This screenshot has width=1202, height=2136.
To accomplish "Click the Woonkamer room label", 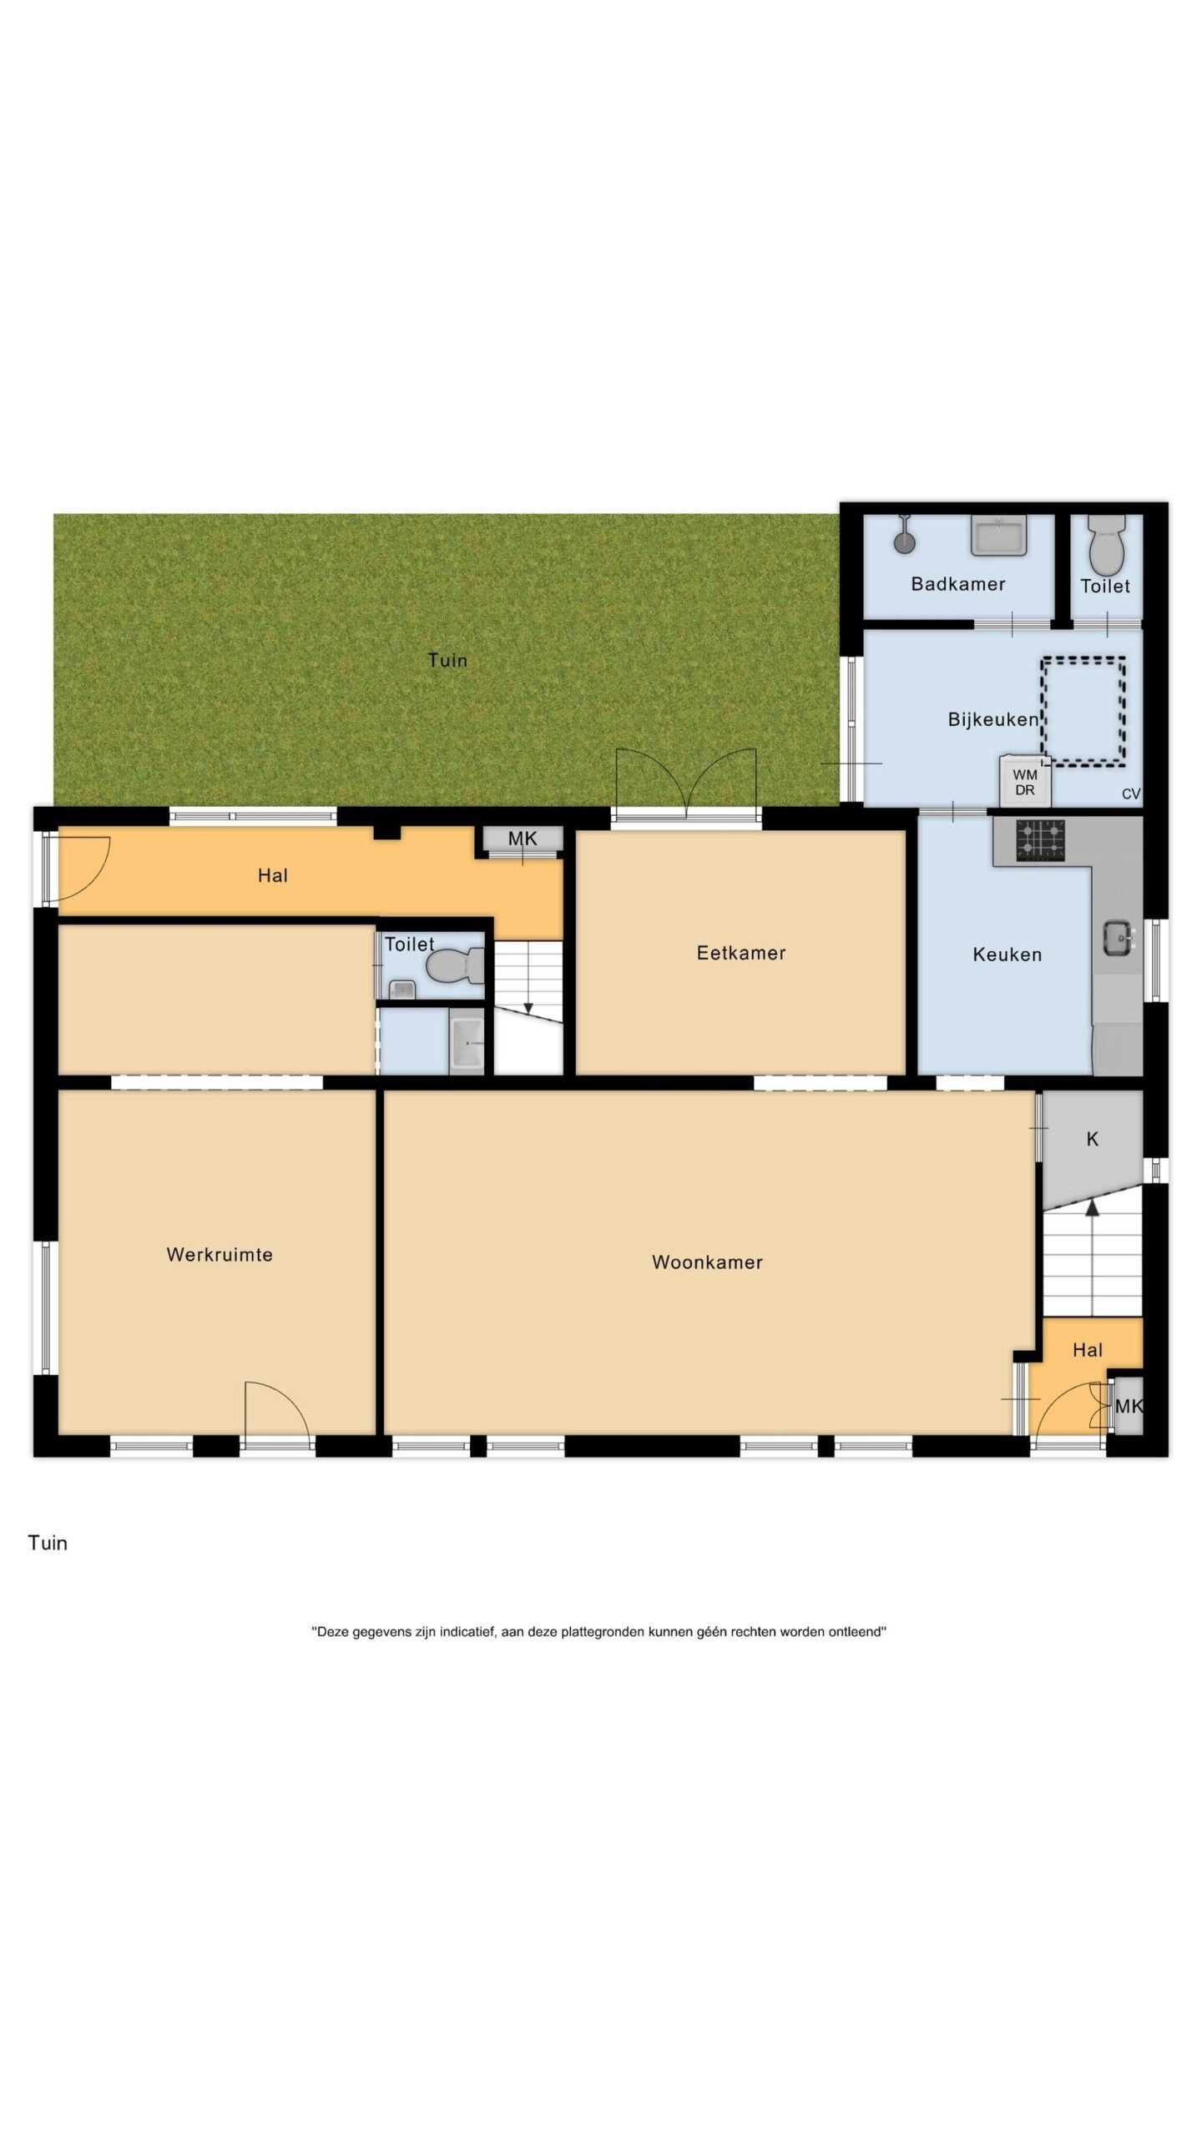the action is click(707, 1262).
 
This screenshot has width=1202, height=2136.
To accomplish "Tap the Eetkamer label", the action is click(741, 953).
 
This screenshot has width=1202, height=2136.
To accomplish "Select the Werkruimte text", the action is click(220, 1255).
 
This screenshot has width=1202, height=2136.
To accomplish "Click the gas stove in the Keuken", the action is click(1041, 840).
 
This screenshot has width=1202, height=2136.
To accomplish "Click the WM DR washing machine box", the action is click(1025, 781).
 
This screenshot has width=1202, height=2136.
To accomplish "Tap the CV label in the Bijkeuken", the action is click(1131, 794).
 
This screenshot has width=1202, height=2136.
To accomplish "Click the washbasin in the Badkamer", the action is click(999, 536).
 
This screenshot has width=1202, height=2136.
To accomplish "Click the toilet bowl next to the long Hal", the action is click(455, 967).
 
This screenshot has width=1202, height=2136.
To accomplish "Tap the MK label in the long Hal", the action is click(523, 839).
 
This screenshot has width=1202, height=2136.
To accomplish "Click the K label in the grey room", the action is click(1093, 1140).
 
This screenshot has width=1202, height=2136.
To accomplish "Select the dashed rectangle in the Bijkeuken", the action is click(1083, 712).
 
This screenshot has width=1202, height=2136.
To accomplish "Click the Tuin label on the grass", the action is click(447, 660).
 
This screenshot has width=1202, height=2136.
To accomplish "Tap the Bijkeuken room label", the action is click(993, 719).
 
